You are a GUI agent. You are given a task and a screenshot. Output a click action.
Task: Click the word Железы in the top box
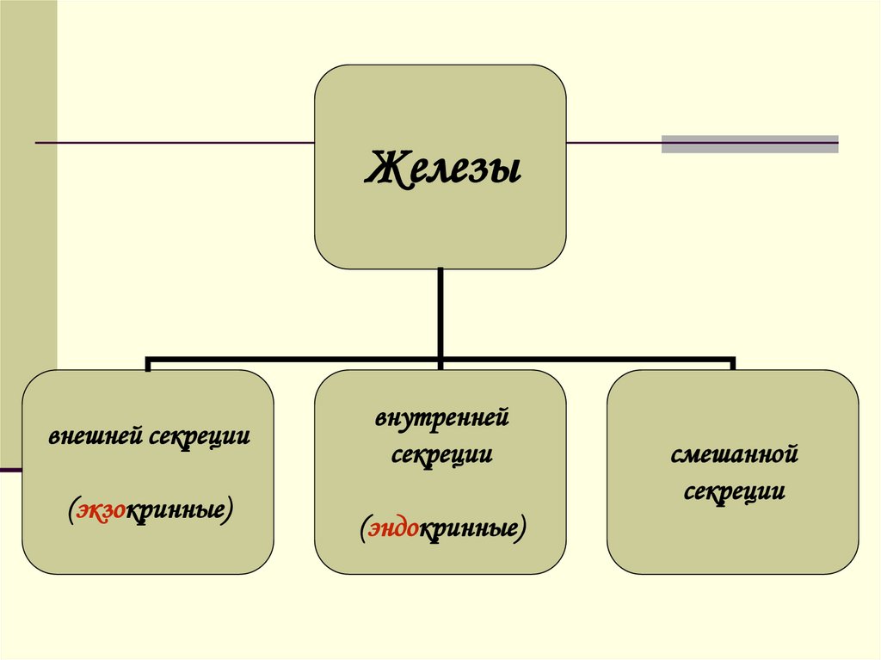coord(442,167)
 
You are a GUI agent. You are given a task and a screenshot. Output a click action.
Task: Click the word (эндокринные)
coord(441,527)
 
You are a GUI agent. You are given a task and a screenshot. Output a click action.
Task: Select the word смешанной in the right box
coord(734,455)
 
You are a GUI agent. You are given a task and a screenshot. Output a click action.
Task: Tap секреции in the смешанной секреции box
coord(734,492)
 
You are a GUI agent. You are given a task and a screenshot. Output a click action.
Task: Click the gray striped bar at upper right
coord(749,144)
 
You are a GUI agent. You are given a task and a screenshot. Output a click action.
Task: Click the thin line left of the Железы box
coord(172,142)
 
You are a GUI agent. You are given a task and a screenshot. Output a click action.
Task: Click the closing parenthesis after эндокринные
coord(522,527)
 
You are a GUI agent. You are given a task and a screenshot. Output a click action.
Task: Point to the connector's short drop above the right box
coord(732,363)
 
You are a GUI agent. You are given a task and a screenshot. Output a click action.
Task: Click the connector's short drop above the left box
coord(148,363)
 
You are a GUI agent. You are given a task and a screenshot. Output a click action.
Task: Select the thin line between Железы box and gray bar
coord(613,142)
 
